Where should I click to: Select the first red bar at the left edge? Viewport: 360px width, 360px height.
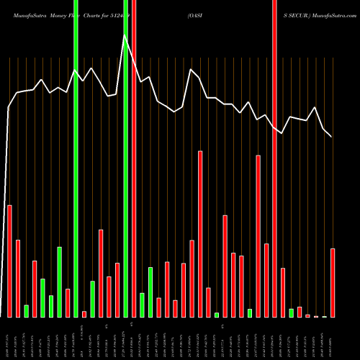[10, 261]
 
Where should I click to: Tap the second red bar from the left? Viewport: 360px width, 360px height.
[18, 278]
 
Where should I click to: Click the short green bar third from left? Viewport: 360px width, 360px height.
[27, 311]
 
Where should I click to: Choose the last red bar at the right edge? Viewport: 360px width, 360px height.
[333, 282]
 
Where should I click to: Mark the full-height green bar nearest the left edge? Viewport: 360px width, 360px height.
[76, 158]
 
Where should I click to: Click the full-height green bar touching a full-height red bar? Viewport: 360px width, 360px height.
[126, 158]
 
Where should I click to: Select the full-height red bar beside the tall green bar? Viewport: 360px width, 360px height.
[134, 158]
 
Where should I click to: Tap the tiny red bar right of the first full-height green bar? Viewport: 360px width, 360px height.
[84, 314]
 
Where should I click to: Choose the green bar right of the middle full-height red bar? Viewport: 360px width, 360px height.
[142, 305]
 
